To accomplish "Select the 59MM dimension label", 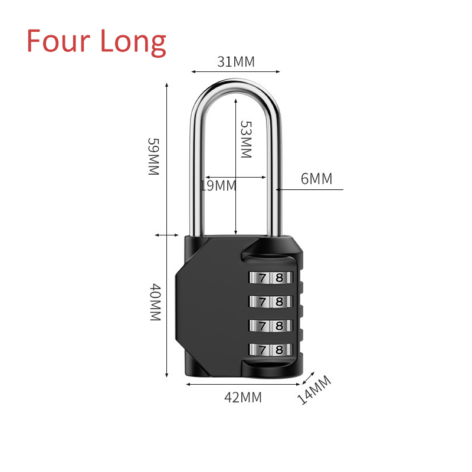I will coord(153,156).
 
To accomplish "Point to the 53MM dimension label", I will coord(245,140).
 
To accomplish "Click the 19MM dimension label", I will coord(218,186).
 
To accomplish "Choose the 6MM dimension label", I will coord(317,179).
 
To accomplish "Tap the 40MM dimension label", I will coord(153,302).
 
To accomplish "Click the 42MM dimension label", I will coord(242,397).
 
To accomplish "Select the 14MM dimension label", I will coord(314,390).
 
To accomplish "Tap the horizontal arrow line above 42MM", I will coord(243,384).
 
